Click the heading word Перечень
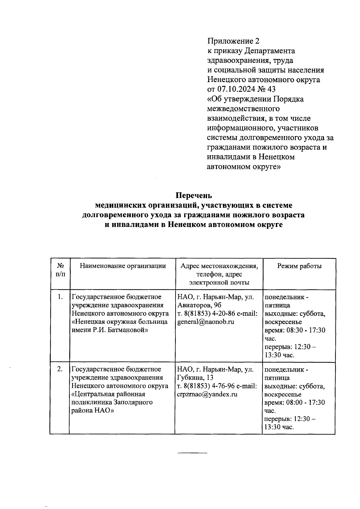193,195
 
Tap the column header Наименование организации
122,266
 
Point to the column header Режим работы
299,266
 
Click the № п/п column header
60,270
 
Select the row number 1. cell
60,297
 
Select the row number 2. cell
60,369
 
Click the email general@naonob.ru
205,322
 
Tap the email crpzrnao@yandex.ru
207,394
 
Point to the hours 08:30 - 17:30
306,330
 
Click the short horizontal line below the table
192,452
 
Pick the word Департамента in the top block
270,51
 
